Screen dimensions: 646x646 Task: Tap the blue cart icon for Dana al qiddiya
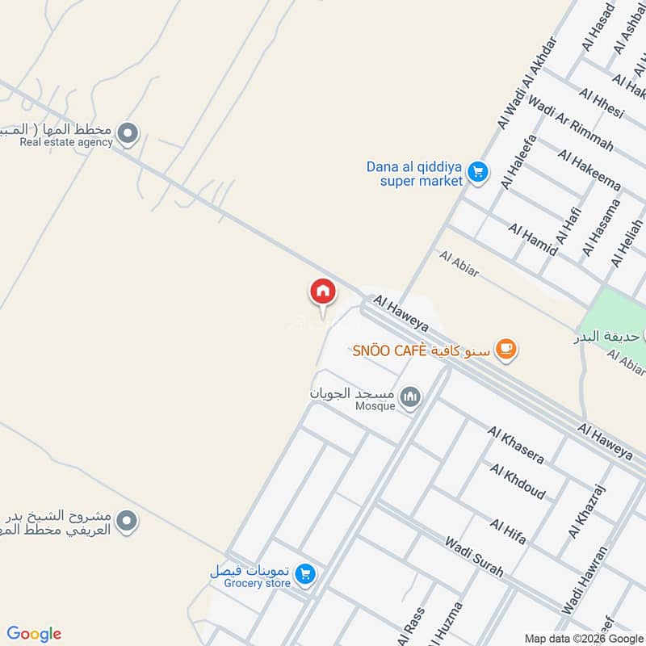[478, 172]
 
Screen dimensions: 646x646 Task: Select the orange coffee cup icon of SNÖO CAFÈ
[505, 350]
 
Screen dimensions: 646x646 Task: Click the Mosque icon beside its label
[412, 396]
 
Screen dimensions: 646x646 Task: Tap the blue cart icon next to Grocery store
[304, 574]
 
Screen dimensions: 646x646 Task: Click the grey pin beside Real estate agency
[127, 133]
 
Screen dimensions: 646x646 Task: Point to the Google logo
[34, 634]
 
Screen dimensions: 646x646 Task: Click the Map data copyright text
[583, 637]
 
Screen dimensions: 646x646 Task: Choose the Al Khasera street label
[515, 445]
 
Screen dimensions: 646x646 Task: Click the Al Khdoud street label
[517, 481]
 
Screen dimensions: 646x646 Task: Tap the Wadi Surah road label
[473, 556]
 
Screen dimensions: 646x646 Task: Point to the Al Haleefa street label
[518, 161]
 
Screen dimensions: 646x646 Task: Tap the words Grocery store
[257, 583]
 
